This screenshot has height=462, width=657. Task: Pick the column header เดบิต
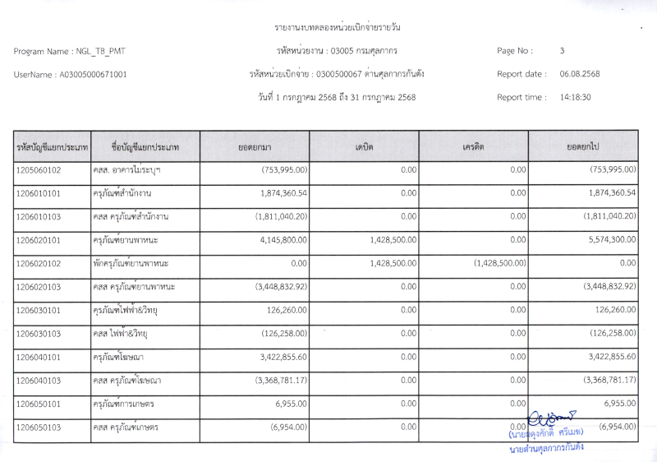[364, 146]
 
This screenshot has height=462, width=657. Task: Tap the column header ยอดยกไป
[583, 146]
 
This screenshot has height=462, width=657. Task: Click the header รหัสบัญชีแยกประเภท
[52, 147]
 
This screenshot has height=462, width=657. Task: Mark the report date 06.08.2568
[580, 74]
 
